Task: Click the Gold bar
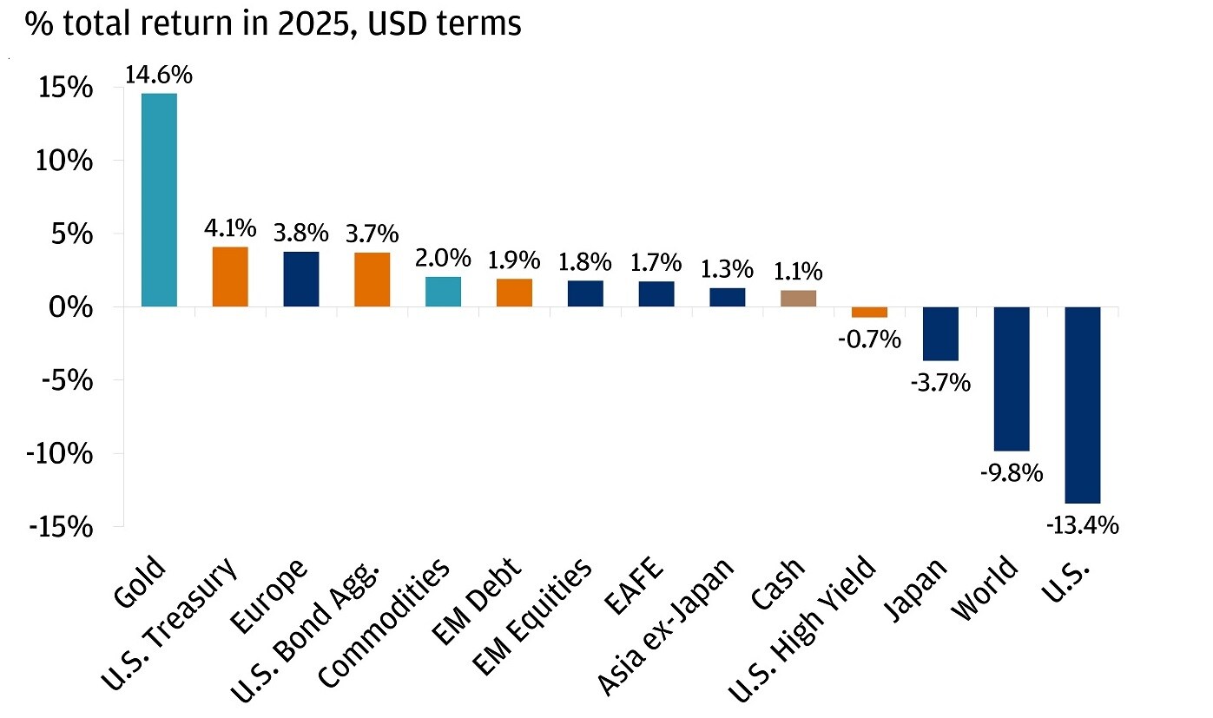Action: (159, 200)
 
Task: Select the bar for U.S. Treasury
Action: (230, 277)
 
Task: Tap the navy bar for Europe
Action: (301, 280)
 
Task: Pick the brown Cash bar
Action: (799, 299)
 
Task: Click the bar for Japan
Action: (940, 333)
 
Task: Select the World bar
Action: (1012, 379)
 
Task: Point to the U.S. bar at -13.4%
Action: (1083, 405)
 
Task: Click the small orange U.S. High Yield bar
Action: (869, 313)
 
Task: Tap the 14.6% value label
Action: (159, 75)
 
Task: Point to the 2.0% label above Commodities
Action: (443, 258)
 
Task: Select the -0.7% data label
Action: (869, 339)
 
